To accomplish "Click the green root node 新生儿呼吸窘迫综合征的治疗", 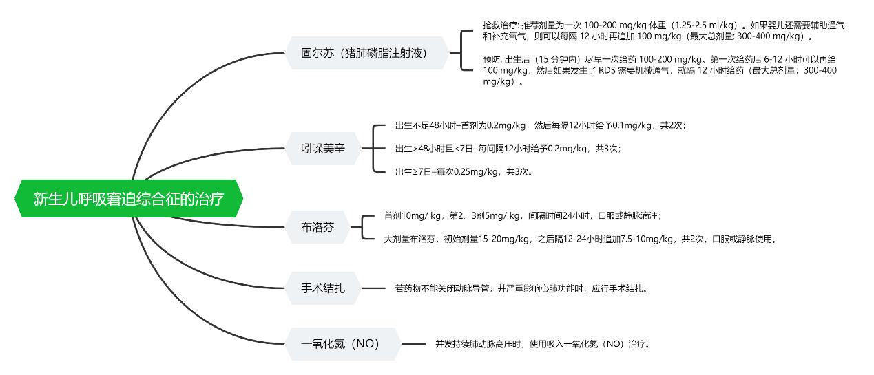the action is [129, 198].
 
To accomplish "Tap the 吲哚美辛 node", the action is [323, 148].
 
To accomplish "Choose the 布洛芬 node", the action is [318, 227].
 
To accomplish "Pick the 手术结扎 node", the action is [323, 288].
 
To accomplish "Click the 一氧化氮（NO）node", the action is [343, 343].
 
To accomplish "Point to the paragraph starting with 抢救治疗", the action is [664, 31].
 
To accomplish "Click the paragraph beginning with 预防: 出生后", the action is [660, 71].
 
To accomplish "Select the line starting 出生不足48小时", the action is [541, 125].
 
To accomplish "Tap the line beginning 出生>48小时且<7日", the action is [508, 149].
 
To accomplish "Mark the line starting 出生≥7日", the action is [464, 172].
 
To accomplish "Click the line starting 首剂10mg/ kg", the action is [523, 216].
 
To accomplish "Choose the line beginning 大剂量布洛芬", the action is [580, 239].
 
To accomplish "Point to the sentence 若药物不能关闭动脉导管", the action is [521, 288].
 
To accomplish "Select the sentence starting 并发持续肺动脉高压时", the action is [543, 344].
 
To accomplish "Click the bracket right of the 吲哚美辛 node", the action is [373, 148].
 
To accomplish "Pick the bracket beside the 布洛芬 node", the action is [362, 227].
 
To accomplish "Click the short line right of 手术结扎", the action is [373, 288].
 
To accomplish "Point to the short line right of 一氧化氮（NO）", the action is [414, 344].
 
